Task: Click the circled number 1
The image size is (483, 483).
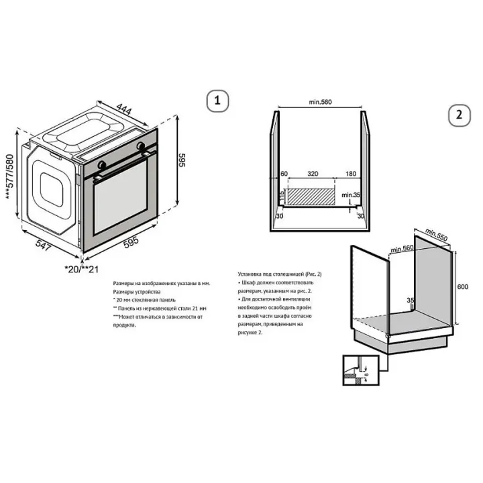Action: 216,101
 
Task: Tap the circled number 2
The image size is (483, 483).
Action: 459,115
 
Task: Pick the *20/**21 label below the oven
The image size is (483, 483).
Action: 81,268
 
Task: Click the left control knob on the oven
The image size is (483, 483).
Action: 101,164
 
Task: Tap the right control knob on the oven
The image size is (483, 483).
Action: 141,146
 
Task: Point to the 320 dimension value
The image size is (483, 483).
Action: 312,173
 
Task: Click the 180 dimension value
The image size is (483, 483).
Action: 350,173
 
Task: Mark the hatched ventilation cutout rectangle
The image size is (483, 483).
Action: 311,197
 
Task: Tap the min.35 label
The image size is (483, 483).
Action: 350,195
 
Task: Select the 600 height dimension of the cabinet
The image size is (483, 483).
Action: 462,287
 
